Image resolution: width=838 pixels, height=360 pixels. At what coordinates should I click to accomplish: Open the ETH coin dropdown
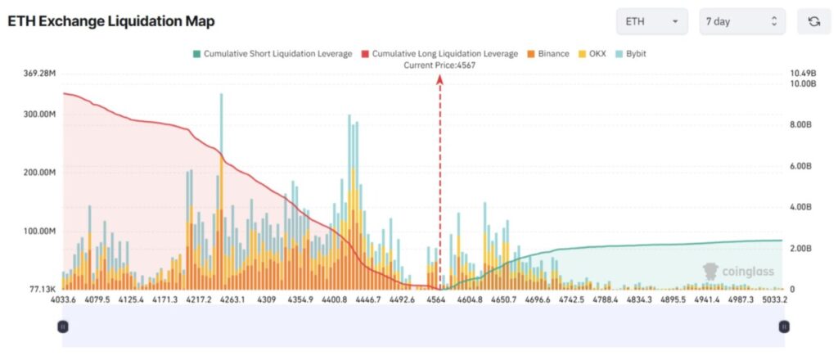pyautogui.click(x=651, y=21)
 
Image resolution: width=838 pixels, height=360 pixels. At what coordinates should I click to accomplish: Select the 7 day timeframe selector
pyautogui.click(x=741, y=21)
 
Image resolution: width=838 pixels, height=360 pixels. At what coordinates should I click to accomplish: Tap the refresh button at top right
pyautogui.click(x=813, y=21)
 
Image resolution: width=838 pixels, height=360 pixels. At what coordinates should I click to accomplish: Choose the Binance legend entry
pyautogui.click(x=547, y=54)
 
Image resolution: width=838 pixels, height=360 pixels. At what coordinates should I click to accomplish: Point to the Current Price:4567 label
pyautogui.click(x=439, y=65)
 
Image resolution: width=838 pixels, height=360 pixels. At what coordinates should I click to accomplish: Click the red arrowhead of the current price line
pyautogui.click(x=439, y=79)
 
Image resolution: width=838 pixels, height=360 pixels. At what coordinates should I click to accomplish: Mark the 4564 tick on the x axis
pyautogui.click(x=436, y=300)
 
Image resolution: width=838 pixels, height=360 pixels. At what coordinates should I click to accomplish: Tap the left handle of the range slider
pyautogui.click(x=63, y=326)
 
